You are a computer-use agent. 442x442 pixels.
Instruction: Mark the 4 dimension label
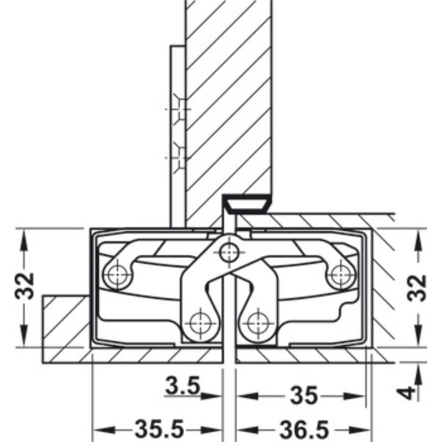coord(407,393)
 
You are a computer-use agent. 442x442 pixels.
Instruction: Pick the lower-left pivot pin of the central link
coord(198,322)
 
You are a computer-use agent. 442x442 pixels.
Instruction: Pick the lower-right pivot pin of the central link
coord(257,321)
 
